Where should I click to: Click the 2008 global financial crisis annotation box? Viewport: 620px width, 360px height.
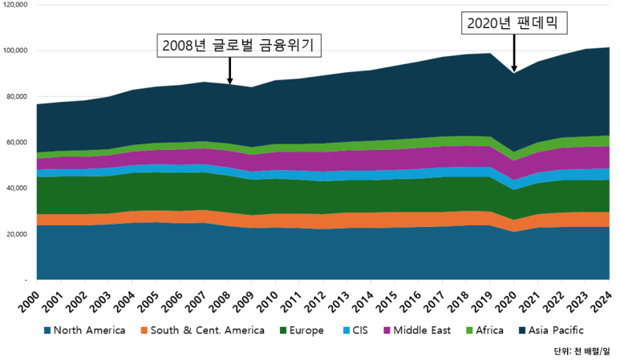click(239, 46)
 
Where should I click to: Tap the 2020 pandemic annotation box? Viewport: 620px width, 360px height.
click(514, 23)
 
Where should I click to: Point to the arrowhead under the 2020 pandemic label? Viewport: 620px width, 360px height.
click(514, 69)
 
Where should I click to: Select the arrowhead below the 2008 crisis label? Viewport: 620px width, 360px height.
click(229, 81)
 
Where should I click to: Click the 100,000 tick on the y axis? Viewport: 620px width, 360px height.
click(15, 51)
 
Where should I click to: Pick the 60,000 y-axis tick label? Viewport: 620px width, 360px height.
click(16, 142)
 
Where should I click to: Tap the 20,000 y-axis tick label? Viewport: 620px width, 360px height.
click(16, 234)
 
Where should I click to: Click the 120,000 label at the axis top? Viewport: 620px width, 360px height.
click(15, 5)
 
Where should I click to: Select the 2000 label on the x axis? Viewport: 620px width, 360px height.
click(30, 301)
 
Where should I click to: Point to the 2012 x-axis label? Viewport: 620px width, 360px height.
click(316, 301)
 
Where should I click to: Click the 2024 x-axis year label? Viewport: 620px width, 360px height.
click(602, 301)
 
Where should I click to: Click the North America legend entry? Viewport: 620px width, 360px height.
click(84, 330)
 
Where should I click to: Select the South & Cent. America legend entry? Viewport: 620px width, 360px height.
click(202, 330)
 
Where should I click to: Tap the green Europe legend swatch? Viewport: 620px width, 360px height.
click(283, 330)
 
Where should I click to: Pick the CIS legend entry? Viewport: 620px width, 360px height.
click(355, 330)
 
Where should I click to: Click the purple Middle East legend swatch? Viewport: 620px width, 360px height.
click(387, 330)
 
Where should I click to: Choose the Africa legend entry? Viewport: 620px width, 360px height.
click(484, 330)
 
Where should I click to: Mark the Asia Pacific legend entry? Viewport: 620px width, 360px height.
click(551, 330)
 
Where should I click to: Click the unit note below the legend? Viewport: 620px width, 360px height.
click(582, 351)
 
